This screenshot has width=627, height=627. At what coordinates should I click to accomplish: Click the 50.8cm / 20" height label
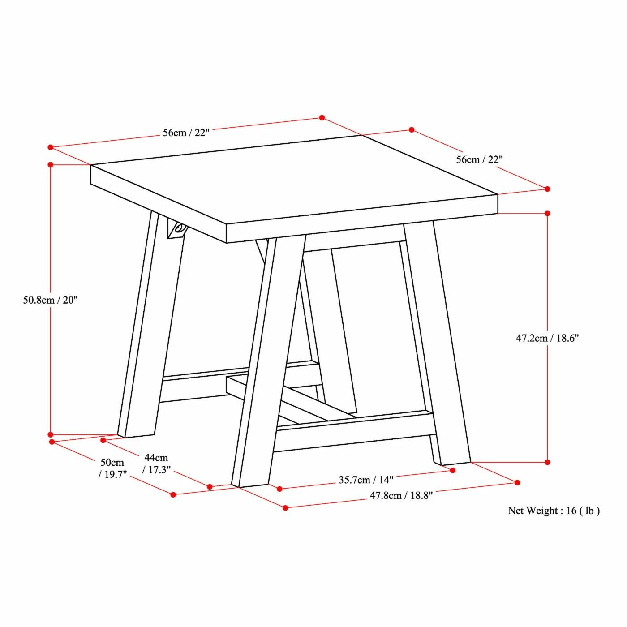pyautogui.click(x=51, y=300)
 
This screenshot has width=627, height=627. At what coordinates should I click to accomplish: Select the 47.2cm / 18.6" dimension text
pyautogui.click(x=547, y=338)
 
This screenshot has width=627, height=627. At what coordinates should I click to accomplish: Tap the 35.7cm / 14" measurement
pyautogui.click(x=366, y=480)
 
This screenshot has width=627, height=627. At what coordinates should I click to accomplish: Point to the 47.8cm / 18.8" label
pyautogui.click(x=401, y=495)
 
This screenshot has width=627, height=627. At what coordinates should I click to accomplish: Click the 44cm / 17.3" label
pyautogui.click(x=156, y=464)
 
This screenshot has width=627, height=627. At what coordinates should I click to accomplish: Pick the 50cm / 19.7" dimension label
pyautogui.click(x=112, y=468)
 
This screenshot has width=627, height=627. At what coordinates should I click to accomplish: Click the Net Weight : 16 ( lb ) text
pyautogui.click(x=554, y=511)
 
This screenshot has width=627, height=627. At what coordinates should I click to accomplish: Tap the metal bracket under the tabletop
pyautogui.click(x=177, y=229)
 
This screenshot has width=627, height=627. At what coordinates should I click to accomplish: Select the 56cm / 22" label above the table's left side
pyautogui.click(x=186, y=133)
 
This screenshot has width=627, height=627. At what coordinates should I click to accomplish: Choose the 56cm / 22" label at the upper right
pyautogui.click(x=479, y=159)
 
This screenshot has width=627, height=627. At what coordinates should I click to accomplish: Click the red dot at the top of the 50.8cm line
pyautogui.click(x=51, y=165)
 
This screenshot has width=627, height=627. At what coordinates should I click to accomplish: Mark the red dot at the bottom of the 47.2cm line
pyautogui.click(x=547, y=462)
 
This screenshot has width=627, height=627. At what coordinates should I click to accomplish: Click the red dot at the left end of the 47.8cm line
pyautogui.click(x=285, y=507)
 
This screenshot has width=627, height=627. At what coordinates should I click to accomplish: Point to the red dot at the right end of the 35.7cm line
pyautogui.click(x=453, y=471)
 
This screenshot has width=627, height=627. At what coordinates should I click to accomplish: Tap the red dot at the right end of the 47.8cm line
pyautogui.click(x=517, y=482)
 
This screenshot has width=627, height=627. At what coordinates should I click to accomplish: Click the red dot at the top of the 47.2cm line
pyautogui.click(x=547, y=214)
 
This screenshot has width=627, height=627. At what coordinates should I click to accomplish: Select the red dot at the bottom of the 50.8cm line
pyautogui.click(x=51, y=435)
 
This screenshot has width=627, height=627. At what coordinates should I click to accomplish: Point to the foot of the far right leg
pyautogui.click(x=453, y=463)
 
